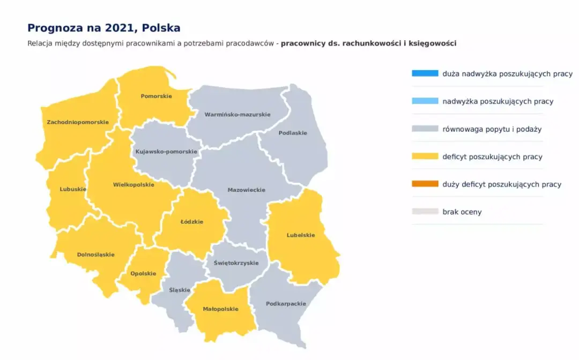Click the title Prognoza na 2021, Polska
104,28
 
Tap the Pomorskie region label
156,96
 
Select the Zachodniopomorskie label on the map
78,122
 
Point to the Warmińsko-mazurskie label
237,114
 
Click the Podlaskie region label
293,133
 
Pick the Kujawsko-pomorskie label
166,152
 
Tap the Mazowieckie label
246,190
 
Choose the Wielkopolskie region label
133,185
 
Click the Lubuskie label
73,189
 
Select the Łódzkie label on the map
191,222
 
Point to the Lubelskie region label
301,235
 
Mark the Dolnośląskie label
96,254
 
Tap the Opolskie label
144,273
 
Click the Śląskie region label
180,290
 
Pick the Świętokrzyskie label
236,263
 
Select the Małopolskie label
220,309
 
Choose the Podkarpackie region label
286,304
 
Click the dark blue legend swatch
425,73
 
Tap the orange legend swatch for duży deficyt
425,184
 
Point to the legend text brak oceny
462,212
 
